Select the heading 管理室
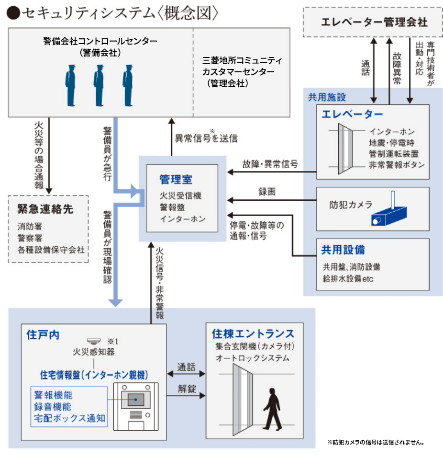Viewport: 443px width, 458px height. click(176, 180)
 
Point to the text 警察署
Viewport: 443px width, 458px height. click(29, 238)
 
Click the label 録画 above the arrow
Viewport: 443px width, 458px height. click(266, 192)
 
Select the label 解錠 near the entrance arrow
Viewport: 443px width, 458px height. click(187, 389)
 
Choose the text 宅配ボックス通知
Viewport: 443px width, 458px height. click(69, 418)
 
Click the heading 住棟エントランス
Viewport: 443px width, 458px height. click(253, 333)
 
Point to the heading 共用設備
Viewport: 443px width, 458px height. click(343, 250)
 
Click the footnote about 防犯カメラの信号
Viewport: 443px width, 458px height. click(376, 442)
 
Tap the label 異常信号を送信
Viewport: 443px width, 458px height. click(206, 138)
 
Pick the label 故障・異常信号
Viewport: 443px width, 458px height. click(270, 164)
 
